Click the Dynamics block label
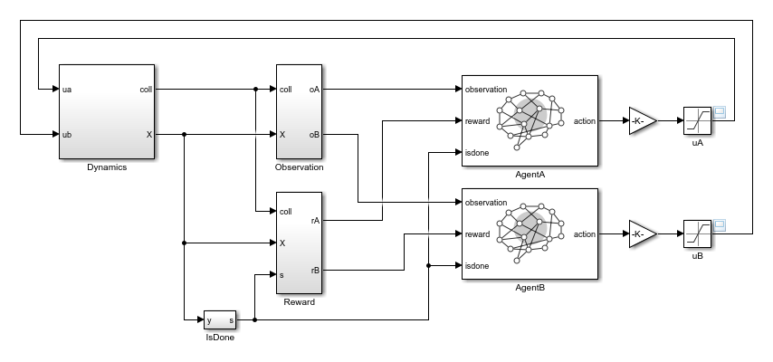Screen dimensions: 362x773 tap(107, 167)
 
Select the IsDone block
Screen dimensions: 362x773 tap(220, 319)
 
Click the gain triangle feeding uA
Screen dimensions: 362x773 tap(642, 120)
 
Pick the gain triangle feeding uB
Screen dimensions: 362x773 tap(642, 233)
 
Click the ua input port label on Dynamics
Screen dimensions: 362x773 tap(68, 89)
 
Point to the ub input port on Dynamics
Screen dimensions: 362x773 tap(68, 135)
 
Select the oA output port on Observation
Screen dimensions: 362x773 tap(313, 89)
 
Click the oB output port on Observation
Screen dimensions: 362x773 tap(313, 135)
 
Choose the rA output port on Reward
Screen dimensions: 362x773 tap(314, 220)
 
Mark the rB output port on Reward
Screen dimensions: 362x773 tap(314, 269)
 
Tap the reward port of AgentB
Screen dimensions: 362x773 tap(477, 234)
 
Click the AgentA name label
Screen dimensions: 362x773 tap(530, 174)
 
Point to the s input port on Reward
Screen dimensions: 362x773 tap(282, 274)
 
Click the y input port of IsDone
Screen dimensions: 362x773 tap(209, 319)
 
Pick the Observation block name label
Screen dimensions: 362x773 tap(299, 167)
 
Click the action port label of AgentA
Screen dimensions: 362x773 tap(585, 121)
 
